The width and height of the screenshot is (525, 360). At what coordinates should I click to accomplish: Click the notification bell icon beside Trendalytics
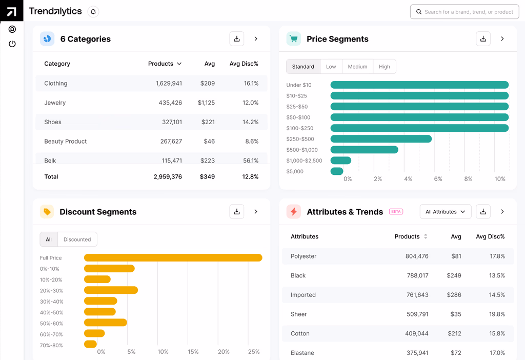point(93,12)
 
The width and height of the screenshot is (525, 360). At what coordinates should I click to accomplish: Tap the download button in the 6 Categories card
point(236,39)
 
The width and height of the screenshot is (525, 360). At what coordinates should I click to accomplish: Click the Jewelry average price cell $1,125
point(206,103)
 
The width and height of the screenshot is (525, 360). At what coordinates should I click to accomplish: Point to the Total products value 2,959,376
point(168,176)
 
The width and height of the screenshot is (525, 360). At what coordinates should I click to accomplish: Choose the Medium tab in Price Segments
point(357,67)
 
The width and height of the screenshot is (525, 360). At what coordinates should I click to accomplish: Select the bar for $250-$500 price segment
point(381,139)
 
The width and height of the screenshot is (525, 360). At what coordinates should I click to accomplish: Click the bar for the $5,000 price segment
point(337,171)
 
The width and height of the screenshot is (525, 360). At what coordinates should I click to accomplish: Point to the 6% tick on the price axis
point(438,179)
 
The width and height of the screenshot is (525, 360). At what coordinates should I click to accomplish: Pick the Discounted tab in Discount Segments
point(77,239)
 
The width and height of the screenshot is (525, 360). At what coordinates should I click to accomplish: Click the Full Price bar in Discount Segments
point(173,258)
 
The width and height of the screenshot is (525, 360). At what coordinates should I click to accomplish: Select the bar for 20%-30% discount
point(111,290)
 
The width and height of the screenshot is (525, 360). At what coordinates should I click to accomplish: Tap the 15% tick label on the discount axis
point(193,352)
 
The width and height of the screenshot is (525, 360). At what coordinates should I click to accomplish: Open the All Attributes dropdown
point(445,212)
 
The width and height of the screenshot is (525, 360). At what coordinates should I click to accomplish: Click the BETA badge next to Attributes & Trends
point(396,212)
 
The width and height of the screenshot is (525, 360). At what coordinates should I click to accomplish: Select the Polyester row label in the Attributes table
point(304,256)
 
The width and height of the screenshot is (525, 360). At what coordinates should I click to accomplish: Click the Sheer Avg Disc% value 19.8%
point(497,314)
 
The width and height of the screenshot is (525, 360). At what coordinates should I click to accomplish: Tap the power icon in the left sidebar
point(12,44)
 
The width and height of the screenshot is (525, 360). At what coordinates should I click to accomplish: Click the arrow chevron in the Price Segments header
point(502,39)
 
